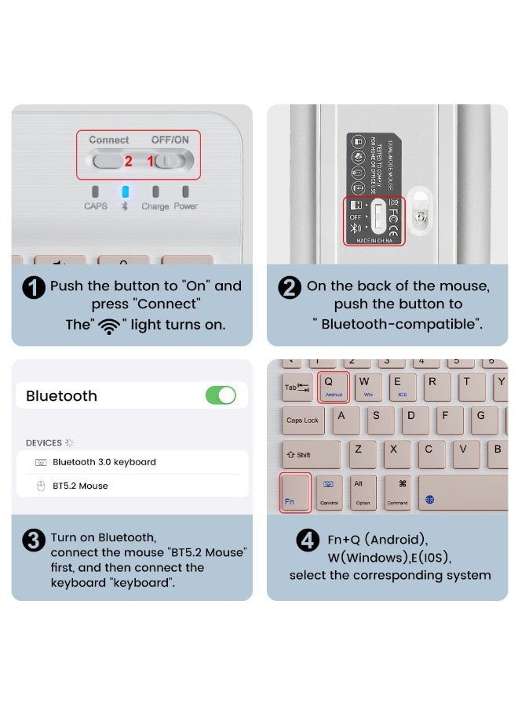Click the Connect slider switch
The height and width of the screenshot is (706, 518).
pyautogui.click(x=108, y=161)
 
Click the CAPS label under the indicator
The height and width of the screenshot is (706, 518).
pyautogui.click(x=96, y=206)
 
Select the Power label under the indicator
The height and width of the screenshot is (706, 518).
pyautogui.click(x=186, y=206)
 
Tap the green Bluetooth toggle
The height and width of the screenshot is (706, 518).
pyautogui.click(x=221, y=395)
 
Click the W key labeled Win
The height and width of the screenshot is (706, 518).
pyautogui.click(x=366, y=386)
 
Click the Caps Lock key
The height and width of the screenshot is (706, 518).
pyautogui.click(x=302, y=421)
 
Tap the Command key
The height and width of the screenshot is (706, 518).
pyautogui.click(x=397, y=492)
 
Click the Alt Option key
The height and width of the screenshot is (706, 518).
pyautogui.click(x=362, y=492)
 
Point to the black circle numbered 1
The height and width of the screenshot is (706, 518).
pyautogui.click(x=34, y=287)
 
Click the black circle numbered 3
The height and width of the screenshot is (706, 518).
pyautogui.click(x=34, y=540)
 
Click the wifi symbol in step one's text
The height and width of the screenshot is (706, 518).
pyautogui.click(x=109, y=326)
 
